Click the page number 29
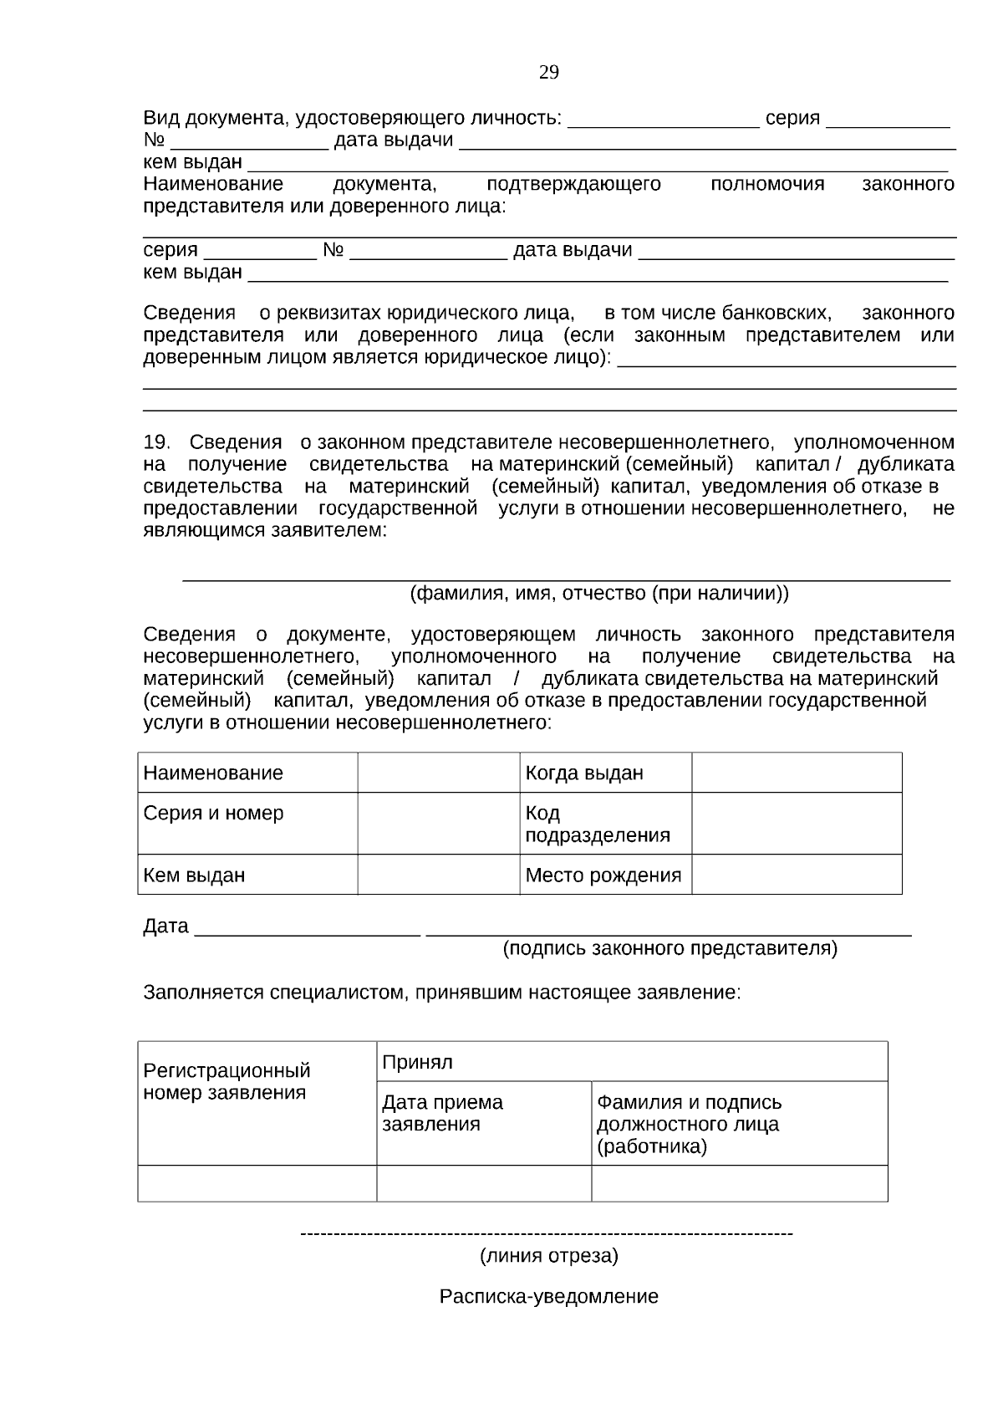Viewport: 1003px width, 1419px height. click(548, 73)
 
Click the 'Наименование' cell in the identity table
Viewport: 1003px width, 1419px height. click(247, 773)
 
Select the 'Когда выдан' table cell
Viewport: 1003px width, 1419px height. click(605, 773)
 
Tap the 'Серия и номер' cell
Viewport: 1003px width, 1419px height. click(247, 823)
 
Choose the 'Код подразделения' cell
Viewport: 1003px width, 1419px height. click(605, 824)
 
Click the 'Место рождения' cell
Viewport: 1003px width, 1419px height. click(605, 875)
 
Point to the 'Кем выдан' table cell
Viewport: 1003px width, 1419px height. click(247, 875)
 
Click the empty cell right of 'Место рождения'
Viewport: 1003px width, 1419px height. click(796, 875)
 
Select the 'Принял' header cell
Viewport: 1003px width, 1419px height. click(631, 1062)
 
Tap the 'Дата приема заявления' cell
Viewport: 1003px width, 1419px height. click(483, 1122)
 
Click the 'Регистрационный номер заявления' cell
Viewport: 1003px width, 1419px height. click(257, 1102)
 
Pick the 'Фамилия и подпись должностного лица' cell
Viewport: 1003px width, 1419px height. click(739, 1123)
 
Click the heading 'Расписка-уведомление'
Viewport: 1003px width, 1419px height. click(548, 1296)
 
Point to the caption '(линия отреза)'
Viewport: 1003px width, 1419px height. click(548, 1256)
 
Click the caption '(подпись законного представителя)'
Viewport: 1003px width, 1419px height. click(669, 948)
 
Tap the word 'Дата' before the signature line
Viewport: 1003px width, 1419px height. click(165, 926)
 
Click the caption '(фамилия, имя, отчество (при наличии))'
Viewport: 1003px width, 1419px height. click(598, 594)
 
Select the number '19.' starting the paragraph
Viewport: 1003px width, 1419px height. click(156, 442)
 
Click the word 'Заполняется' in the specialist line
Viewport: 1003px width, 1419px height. click(203, 993)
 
